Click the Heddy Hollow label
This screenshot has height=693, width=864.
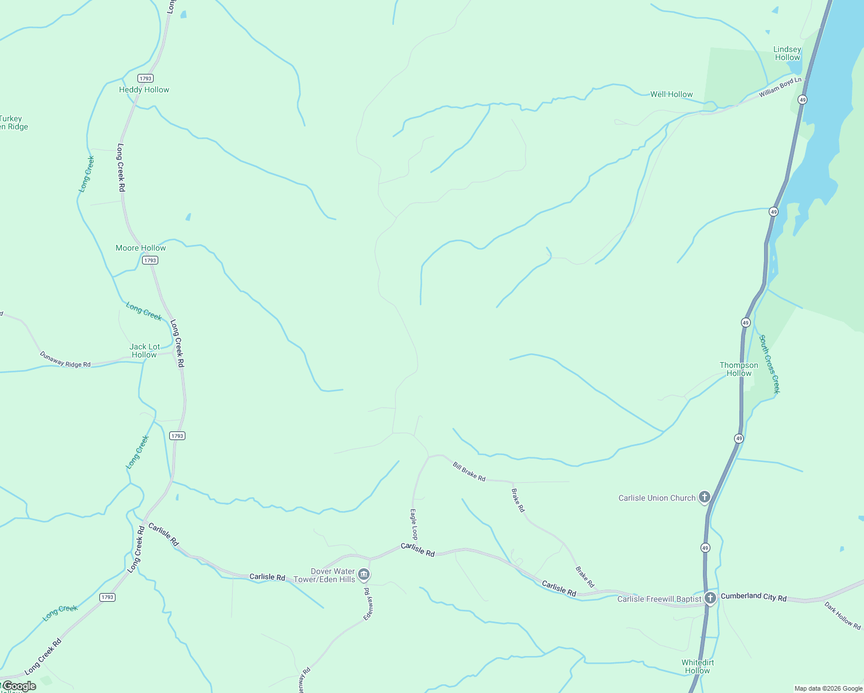pyautogui.click(x=144, y=90)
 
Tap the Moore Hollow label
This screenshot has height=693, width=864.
pyautogui.click(x=140, y=248)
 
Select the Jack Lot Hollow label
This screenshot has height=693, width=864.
pyautogui.click(x=144, y=351)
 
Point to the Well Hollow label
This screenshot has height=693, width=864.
pyautogui.click(x=671, y=94)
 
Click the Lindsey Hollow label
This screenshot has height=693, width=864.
pyautogui.click(x=787, y=53)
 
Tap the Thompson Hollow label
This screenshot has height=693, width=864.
pyautogui.click(x=739, y=369)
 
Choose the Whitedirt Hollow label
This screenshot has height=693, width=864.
pyautogui.click(x=698, y=666)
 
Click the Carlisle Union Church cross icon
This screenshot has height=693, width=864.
pyautogui.click(x=704, y=497)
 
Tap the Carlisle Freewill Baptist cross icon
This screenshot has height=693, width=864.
pyautogui.click(x=710, y=598)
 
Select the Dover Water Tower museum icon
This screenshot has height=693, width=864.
pyautogui.click(x=364, y=574)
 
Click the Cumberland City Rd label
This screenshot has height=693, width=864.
pyautogui.click(x=753, y=597)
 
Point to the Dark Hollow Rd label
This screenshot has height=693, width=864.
pyautogui.click(x=842, y=615)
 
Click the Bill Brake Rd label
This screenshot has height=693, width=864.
pyautogui.click(x=469, y=472)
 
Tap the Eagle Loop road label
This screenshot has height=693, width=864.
pyautogui.click(x=414, y=524)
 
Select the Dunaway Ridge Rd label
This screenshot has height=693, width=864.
pyautogui.click(x=65, y=359)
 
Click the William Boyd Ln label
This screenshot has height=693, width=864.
pyautogui.click(x=780, y=87)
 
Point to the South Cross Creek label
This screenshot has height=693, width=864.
pyautogui.click(x=769, y=364)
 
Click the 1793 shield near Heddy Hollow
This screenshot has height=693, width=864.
pyautogui.click(x=145, y=78)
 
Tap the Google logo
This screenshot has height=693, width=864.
pyautogui.click(x=18, y=685)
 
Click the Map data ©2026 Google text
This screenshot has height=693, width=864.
pyautogui.click(x=828, y=688)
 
